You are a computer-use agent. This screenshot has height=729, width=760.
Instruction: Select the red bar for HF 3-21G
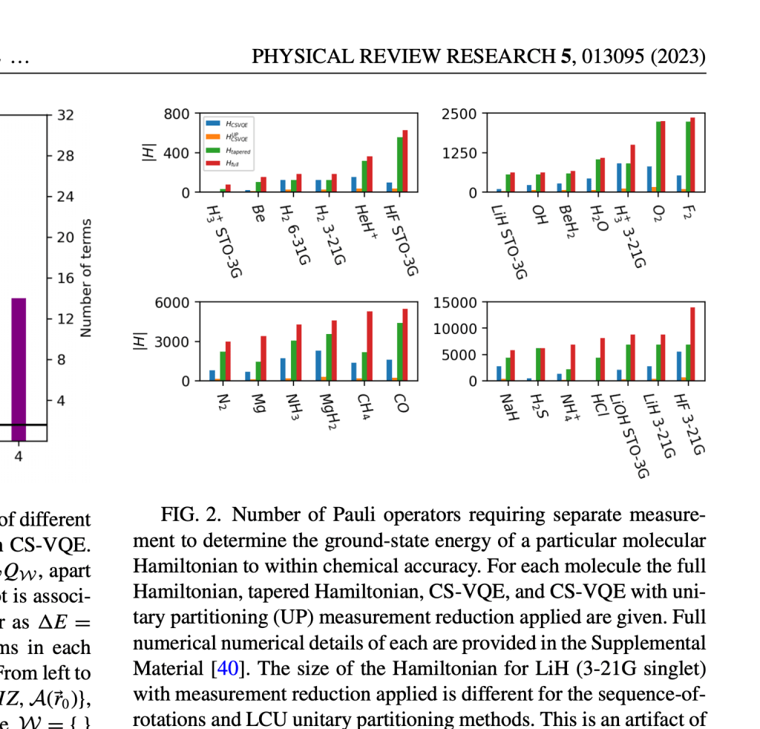pos(692,344)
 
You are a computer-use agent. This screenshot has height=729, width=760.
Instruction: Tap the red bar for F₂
pos(692,154)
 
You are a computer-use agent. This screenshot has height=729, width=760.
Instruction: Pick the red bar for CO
pos(405,344)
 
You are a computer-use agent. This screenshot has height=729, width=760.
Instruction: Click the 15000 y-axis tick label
pos(456,302)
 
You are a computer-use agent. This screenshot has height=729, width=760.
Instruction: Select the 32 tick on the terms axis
pos(65,115)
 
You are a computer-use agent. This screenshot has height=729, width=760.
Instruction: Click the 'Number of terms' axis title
pos(86,278)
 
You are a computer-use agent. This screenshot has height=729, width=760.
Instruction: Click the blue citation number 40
pos(225,668)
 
